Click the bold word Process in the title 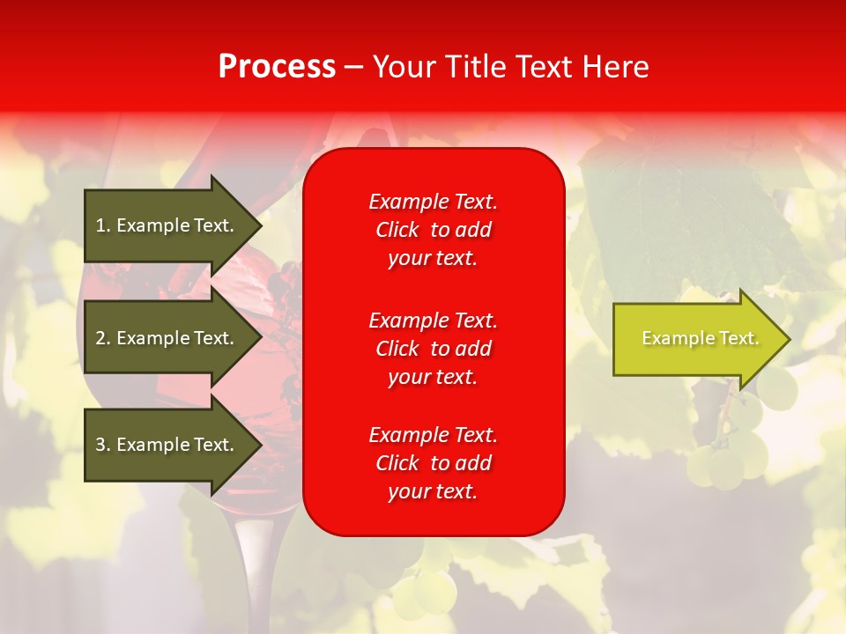coord(277,67)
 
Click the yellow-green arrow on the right coord(696,339)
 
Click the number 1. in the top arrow coord(103,225)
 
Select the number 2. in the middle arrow coord(103,338)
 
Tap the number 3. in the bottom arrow coord(103,445)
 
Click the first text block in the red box coord(433,230)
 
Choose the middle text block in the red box coord(433,349)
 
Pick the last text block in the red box coord(433,463)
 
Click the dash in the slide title coord(353,68)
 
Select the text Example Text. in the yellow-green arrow coord(700,338)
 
